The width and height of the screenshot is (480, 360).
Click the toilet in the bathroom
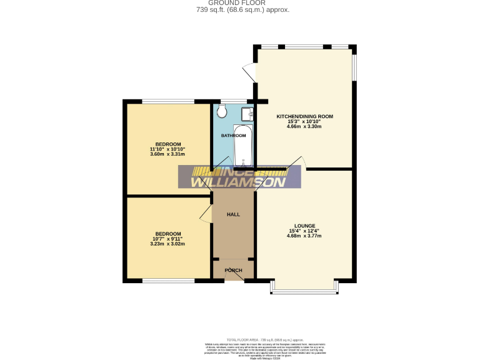221,112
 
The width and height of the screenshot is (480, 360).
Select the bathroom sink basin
246,114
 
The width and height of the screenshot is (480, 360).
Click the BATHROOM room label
234,136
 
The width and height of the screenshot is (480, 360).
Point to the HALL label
233,214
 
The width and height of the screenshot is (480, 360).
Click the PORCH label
233,270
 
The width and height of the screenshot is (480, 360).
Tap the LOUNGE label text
304,226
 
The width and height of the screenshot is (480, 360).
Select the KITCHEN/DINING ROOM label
304,116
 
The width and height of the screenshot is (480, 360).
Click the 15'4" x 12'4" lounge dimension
304,231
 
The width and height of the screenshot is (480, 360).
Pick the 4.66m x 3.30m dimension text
304,127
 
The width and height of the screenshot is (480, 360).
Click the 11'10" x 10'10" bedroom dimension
167,149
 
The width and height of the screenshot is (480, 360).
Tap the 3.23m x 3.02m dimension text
167,244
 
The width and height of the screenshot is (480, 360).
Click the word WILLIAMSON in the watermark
237,183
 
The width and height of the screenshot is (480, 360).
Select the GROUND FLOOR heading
239,3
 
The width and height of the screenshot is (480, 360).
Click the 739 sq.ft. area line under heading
239,10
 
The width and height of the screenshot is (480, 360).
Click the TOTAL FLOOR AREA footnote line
239,339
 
